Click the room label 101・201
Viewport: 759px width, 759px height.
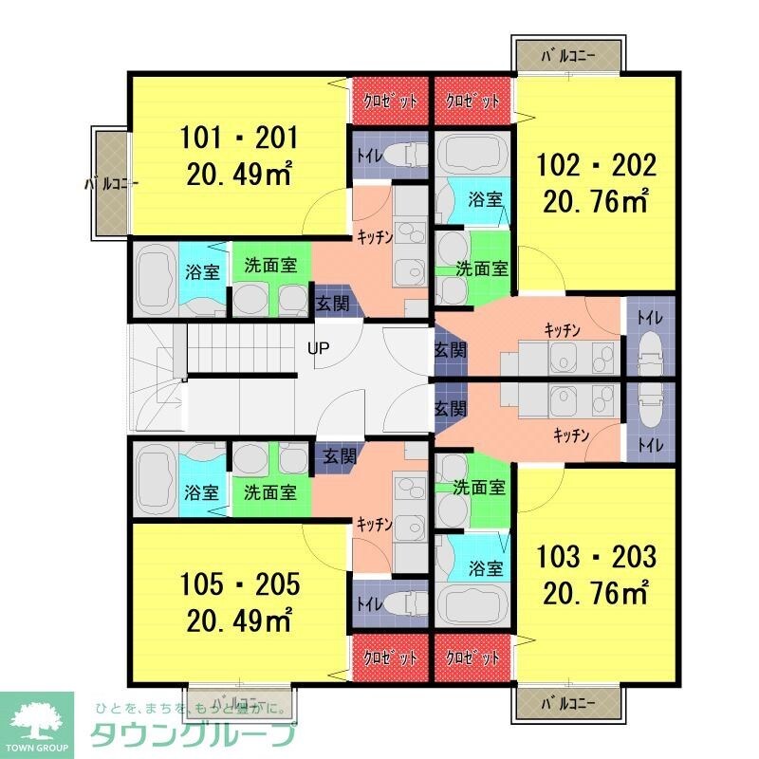coord(239,139)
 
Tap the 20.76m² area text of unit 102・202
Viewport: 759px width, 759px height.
coord(596,200)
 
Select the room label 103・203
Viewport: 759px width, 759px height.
coord(596,556)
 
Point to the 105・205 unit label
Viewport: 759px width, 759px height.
coord(239,583)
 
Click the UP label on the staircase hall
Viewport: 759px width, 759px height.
coord(318,348)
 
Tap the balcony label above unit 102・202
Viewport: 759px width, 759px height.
coord(568,55)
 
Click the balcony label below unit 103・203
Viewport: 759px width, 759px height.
coord(568,704)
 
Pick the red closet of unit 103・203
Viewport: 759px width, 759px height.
coord(472,657)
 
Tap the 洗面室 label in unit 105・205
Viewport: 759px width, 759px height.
coord(270,492)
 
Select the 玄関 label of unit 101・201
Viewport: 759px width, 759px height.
coord(332,304)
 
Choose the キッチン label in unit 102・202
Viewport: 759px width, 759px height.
coord(563,329)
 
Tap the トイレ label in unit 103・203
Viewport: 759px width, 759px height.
coord(651,443)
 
